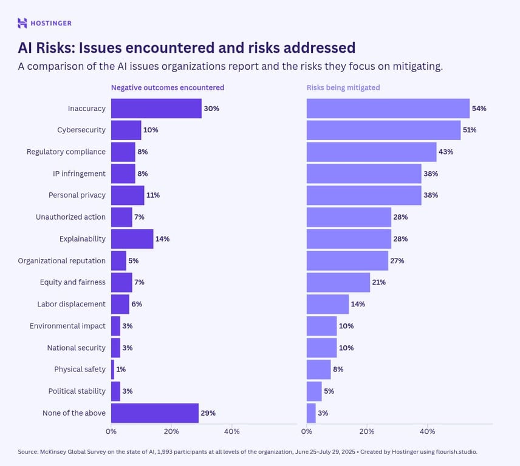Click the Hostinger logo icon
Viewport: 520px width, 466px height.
(22, 23)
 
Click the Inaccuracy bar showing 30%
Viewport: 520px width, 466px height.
(156, 109)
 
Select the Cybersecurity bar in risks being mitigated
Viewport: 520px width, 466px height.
(383, 130)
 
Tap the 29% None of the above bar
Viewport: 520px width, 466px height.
(154, 413)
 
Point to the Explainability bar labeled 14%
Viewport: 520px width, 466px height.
(132, 239)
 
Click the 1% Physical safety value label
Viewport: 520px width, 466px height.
(121, 370)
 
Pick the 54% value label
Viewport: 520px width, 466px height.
(479, 109)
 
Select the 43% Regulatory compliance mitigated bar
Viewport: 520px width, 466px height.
(371, 152)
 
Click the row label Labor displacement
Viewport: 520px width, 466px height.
(71, 304)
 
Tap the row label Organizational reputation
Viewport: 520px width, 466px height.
(61, 261)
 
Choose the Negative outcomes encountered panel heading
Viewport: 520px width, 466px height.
(167, 87)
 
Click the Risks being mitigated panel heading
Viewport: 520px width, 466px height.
(343, 87)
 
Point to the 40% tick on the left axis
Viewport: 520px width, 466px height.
(231, 431)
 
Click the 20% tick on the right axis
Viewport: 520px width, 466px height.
(367, 431)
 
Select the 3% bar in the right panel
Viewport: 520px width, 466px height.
(311, 413)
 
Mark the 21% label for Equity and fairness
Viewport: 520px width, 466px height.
(379, 282)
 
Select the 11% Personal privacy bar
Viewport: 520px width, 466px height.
(128, 195)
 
